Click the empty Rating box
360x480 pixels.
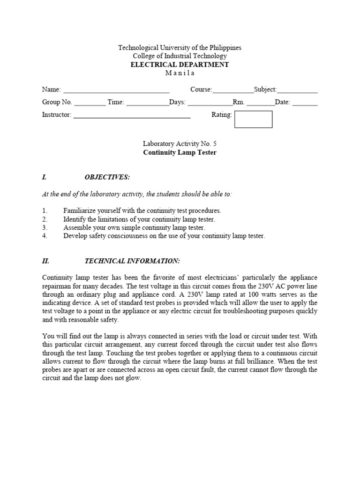click(x=253, y=119)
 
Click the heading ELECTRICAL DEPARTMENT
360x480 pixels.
click(x=180, y=65)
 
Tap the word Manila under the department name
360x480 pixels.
click(x=180, y=73)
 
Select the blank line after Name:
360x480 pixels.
click(x=116, y=90)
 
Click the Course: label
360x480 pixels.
click(x=201, y=90)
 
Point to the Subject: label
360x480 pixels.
click(x=265, y=90)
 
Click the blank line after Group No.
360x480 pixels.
click(x=90, y=103)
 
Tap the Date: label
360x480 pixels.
click(x=283, y=102)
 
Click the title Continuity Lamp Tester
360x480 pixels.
click(x=180, y=153)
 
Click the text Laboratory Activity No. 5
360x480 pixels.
click(x=180, y=144)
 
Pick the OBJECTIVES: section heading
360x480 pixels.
click(x=107, y=177)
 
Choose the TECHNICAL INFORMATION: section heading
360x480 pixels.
click(x=132, y=261)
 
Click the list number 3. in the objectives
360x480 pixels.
click(x=45, y=228)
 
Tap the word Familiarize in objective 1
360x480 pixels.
click(x=80, y=211)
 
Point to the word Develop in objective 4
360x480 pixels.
click(x=75, y=236)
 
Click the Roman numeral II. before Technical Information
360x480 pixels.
click(x=45, y=261)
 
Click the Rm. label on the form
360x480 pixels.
click(x=239, y=102)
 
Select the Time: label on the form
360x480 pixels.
click(x=116, y=102)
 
